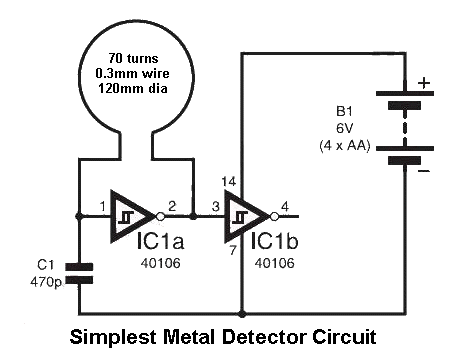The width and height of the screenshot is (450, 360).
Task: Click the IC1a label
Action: click(x=160, y=241)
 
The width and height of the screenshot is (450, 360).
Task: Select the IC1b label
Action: click(x=274, y=241)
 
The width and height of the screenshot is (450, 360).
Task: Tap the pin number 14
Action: click(x=229, y=182)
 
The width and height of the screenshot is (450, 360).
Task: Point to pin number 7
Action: click(x=233, y=250)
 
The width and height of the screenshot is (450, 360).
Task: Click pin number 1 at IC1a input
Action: click(x=103, y=207)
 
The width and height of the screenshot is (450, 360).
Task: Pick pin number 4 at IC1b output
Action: click(x=285, y=207)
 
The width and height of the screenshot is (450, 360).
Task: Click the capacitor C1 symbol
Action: click(x=79, y=273)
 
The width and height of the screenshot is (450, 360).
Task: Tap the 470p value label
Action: click(x=46, y=282)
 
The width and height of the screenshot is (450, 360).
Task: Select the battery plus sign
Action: click(x=424, y=83)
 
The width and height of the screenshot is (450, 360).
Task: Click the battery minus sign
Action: click(x=423, y=171)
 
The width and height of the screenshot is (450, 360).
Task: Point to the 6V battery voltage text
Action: click(x=344, y=128)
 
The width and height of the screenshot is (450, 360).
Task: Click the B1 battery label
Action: click(x=344, y=111)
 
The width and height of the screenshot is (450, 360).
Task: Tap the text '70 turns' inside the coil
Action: click(x=133, y=59)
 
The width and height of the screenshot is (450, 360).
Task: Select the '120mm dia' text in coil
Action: click(x=133, y=88)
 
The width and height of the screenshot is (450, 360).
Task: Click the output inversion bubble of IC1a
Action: click(x=160, y=217)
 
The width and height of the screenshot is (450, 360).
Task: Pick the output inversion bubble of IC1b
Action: click(x=274, y=217)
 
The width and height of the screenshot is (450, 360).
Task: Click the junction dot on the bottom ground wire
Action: click(x=243, y=314)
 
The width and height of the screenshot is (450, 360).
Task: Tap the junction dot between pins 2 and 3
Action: click(x=193, y=217)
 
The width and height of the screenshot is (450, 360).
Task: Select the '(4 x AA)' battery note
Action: click(x=345, y=146)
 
